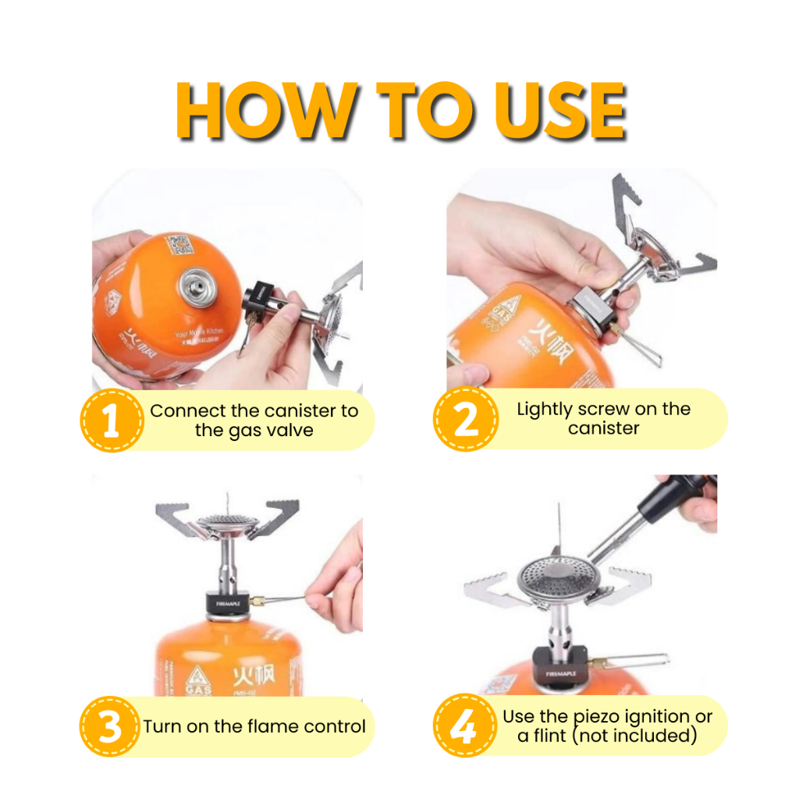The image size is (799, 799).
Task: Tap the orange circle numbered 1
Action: coord(112,421)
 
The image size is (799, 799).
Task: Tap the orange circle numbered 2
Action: coord(466,419)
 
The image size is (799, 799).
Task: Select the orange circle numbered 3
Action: coord(112,727)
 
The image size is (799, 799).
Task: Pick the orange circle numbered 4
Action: coord(466,727)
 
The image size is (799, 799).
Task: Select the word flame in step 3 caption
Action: coord(250,726)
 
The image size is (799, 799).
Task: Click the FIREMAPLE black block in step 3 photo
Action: coord(226,603)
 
